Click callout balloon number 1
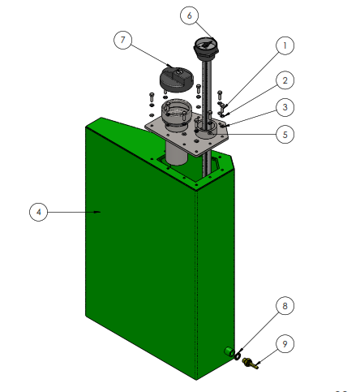click(285, 45)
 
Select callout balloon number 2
click(285, 80)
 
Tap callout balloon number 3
click(285, 107)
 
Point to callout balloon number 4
click(38, 212)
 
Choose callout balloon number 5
click(285, 134)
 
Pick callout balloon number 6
click(189, 15)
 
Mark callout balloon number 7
click(123, 40)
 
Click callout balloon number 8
click(285, 306)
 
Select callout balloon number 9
click(285, 344)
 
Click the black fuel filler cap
click(177, 79)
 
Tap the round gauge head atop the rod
click(206, 47)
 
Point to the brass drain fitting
click(250, 363)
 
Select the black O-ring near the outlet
click(238, 356)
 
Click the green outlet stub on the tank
click(229, 351)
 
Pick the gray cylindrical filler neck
click(177, 113)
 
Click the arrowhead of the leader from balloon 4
click(98, 212)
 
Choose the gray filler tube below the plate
click(176, 153)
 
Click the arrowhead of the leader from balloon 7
click(169, 65)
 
